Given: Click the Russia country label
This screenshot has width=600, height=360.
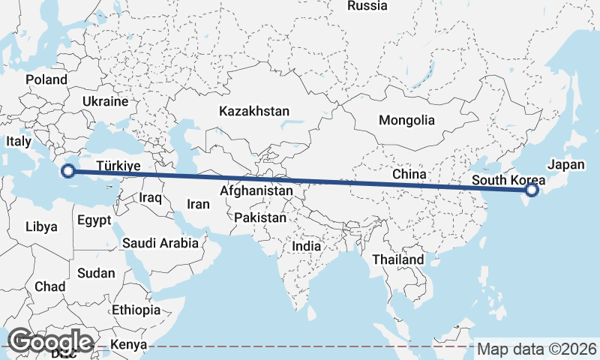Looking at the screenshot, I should tap(367, 6).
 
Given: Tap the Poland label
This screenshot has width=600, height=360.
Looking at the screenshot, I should tap(46, 79).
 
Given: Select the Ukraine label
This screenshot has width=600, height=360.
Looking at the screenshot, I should tap(105, 100).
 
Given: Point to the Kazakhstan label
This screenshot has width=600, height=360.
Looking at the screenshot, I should tap(254, 111).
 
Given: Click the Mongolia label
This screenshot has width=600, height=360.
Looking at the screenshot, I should tap(406, 120).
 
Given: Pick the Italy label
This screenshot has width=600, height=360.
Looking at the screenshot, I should tap(18, 141).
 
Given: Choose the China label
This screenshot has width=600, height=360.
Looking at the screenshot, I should tap(409, 174).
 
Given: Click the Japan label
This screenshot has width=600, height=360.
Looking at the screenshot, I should tap(565, 164).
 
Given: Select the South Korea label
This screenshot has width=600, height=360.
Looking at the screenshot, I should tap(508, 181).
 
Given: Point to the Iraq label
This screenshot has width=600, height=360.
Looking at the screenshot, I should tap(151, 197).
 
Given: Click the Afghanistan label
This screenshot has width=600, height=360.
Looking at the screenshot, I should tap(256, 191).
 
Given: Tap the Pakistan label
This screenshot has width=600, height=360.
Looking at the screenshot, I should tap(260, 217).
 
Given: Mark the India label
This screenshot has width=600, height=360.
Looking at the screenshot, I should tap(306, 245).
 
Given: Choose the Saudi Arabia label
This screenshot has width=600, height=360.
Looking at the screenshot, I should tap(160, 243).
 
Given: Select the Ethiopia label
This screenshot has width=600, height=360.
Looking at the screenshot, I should tap(136, 310).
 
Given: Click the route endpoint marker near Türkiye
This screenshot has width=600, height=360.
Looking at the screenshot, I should tap(68, 171).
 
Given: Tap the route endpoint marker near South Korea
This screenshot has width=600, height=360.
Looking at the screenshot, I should tap(532, 190).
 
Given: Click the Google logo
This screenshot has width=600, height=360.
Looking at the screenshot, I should tap(50, 341).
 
